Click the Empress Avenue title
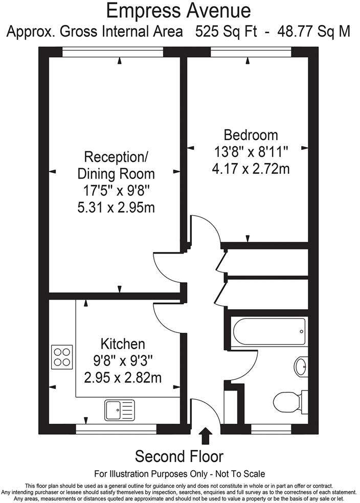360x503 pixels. point(179,10)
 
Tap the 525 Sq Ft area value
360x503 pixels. point(228,32)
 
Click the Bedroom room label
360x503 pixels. point(251,135)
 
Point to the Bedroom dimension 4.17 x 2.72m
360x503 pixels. point(251,168)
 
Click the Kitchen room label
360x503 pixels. point(122,344)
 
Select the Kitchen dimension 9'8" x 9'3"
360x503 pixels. point(122,361)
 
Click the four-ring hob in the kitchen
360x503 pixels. point(61,356)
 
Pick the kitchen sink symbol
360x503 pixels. point(119,409)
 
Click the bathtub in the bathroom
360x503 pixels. point(268,332)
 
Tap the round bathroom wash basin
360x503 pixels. point(301,365)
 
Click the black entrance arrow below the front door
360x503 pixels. point(206,436)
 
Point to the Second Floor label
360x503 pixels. point(179,456)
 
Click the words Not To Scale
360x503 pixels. point(240,473)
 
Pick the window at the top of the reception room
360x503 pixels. point(112,52)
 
